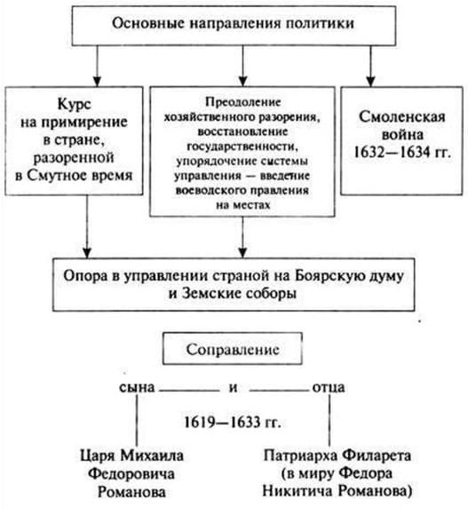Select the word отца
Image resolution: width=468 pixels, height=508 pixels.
[329, 388]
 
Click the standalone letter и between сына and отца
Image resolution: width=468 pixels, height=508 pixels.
[233, 388]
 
